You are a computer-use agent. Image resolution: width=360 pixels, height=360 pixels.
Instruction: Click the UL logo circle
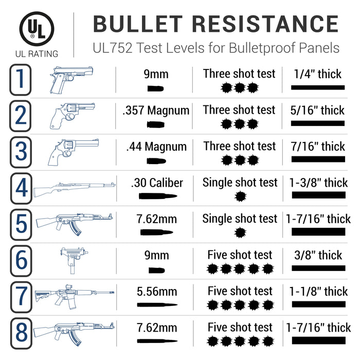tap(37, 29)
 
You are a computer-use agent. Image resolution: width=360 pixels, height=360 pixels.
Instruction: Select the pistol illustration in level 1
tap(71, 79)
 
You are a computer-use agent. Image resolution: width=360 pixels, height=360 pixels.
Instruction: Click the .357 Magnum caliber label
tap(156, 110)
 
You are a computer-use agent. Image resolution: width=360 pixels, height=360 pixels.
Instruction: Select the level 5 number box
tap(21, 224)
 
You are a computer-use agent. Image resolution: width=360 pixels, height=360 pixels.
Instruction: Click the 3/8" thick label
tap(318, 255)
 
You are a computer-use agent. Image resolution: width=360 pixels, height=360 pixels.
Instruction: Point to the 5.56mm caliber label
tap(156, 292)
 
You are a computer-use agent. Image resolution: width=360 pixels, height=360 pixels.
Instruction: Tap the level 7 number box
tap(21, 297)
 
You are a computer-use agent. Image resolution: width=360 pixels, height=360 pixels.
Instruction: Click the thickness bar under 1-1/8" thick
tap(318, 304)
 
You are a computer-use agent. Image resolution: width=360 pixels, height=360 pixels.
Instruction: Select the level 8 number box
tap(21, 333)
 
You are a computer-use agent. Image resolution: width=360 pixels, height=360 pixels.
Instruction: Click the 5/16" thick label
tap(318, 110)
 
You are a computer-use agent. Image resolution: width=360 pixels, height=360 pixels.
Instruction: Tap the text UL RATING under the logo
tap(37, 53)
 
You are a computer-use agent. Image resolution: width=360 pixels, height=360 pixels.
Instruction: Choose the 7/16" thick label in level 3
tap(318, 147)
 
